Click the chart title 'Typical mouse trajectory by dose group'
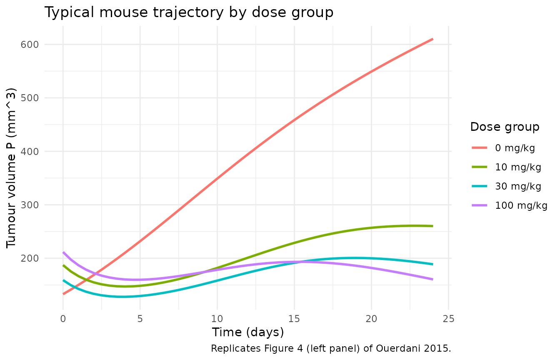tap(189, 12)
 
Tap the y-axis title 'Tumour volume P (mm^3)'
tap(11, 168)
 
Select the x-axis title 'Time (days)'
tap(248, 332)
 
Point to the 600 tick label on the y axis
tap(30, 45)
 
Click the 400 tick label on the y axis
tap(30, 152)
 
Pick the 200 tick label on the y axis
tap(30, 258)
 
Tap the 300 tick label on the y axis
tap(30, 205)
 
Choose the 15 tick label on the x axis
tap(294, 319)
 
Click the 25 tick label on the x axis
tap(448, 319)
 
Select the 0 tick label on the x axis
tap(63, 319)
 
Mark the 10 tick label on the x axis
tap(217, 319)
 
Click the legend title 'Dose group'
tap(505, 127)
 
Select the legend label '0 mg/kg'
tap(515, 148)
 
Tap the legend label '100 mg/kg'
tap(521, 205)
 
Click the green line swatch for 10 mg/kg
tap(480, 167)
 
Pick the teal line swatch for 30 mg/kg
tap(480, 186)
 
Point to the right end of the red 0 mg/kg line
tap(433, 39)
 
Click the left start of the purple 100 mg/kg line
tap(63, 252)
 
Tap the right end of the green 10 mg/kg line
tap(433, 226)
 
